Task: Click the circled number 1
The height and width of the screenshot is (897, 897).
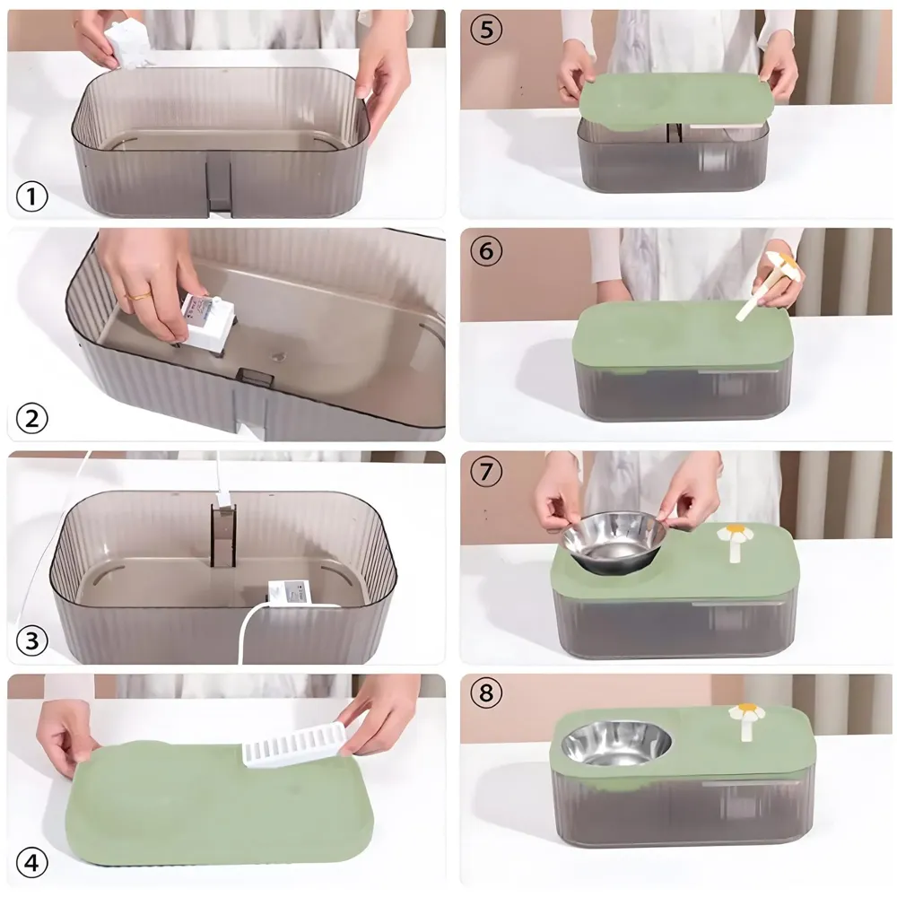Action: pos(31,196)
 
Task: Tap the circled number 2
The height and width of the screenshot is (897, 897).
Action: pos(31,418)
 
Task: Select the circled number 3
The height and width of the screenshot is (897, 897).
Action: pos(31,640)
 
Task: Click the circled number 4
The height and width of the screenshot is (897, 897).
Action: pos(31,863)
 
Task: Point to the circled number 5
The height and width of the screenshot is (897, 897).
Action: pos(485,30)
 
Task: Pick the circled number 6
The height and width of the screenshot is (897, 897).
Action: pos(485,252)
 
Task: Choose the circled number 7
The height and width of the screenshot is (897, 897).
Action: pos(485,472)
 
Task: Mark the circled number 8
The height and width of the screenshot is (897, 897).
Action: pos(485,693)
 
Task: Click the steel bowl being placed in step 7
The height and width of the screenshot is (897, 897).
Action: pos(614,540)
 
